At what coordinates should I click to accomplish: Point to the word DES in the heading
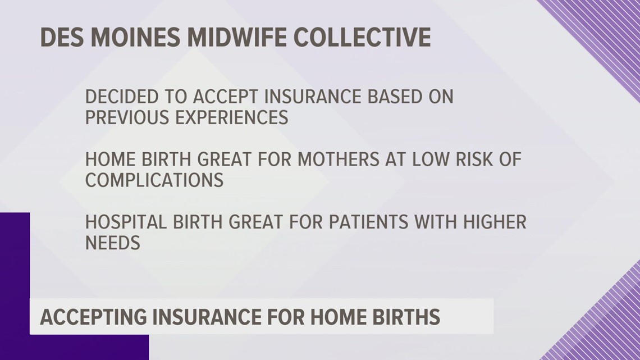pos(61,38)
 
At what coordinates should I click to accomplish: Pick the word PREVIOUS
pos(122,117)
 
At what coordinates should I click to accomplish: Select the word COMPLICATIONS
pos(154,180)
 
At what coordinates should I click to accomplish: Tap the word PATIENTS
pos(371,222)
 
